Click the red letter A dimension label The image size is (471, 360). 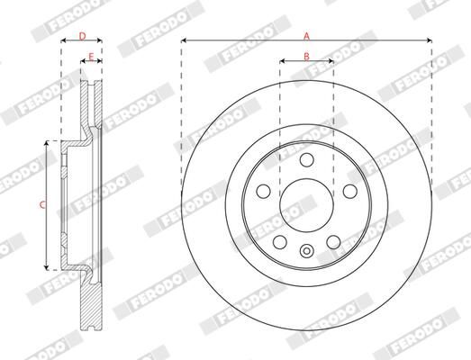(306, 35)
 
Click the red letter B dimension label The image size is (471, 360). (306, 57)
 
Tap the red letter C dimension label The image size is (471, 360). (41, 205)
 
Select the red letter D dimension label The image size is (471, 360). (82, 36)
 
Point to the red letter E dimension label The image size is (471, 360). (91, 57)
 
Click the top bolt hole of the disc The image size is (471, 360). (306, 159)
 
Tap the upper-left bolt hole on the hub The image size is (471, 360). (264, 191)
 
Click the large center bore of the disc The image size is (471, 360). (306, 204)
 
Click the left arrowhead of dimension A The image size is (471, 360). (184, 41)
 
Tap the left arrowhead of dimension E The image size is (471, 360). (84, 63)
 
